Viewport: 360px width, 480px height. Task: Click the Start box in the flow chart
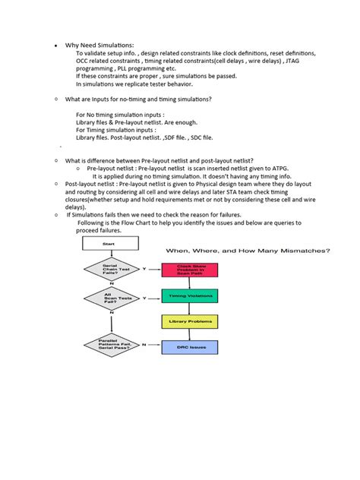(110, 243)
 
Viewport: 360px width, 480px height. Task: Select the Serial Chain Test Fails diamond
(110, 270)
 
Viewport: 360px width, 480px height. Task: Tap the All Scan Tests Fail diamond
(110, 298)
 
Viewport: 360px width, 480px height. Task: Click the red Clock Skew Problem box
(189, 270)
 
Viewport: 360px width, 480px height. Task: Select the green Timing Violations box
(189, 295)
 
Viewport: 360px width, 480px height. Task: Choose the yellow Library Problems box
(189, 321)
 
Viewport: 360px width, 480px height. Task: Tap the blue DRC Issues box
(189, 347)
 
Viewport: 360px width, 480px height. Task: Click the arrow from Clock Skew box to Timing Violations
(189, 283)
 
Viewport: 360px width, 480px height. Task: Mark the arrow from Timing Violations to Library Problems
(189, 308)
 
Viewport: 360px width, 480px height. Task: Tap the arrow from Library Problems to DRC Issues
(189, 334)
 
